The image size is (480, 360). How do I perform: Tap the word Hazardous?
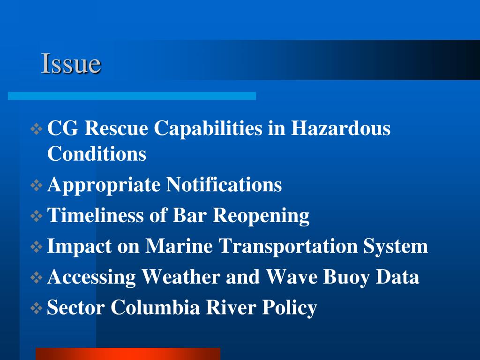pos(341,128)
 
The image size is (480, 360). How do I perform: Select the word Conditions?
pos(97,154)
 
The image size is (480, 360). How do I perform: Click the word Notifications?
pos(225,185)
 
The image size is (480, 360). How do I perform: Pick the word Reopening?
pos(261,216)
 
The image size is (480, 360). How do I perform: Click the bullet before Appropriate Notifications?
pos(37,186)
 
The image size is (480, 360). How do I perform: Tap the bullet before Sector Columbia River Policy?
pos(37,308)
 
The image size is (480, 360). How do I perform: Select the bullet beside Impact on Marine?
pos(37,247)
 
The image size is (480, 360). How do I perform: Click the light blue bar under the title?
pos(132,96)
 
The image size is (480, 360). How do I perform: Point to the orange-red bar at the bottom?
pos(127,353)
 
